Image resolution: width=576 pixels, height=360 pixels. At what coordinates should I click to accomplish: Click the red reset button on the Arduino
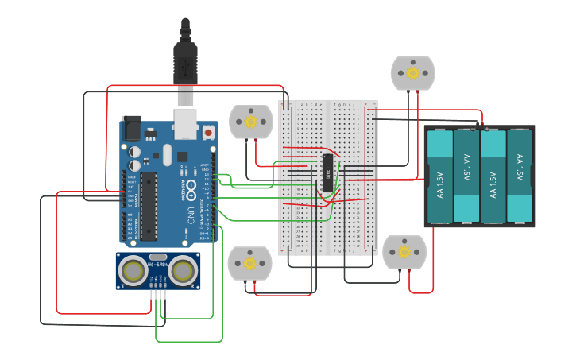[x=208, y=133]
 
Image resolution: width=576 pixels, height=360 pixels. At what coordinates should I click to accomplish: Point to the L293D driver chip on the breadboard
[x=327, y=172]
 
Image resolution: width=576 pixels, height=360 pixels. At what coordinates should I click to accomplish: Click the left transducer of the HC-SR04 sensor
[x=133, y=271]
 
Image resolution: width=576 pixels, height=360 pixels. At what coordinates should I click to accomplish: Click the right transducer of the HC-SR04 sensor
[x=183, y=271]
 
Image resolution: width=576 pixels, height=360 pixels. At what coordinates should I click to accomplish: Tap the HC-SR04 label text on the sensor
[x=158, y=263]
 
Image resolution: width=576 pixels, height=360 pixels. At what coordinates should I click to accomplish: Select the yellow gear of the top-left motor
[x=251, y=122]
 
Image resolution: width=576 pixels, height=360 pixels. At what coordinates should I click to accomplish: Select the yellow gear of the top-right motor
[x=412, y=73]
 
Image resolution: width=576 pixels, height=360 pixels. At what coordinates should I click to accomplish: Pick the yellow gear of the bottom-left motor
[x=249, y=263]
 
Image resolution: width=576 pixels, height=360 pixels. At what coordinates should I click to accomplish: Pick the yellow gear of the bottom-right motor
[x=404, y=253]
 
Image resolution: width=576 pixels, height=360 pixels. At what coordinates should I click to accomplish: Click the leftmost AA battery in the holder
[x=440, y=176]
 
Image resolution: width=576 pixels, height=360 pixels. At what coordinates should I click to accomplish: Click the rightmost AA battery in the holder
[x=519, y=176]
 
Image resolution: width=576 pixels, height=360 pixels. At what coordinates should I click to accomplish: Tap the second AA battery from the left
[x=466, y=176]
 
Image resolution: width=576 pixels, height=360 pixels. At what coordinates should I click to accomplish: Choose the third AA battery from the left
[x=493, y=176]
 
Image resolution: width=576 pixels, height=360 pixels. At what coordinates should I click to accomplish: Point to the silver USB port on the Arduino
[x=185, y=119]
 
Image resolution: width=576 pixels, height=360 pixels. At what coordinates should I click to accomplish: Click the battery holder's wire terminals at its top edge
[x=480, y=126]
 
